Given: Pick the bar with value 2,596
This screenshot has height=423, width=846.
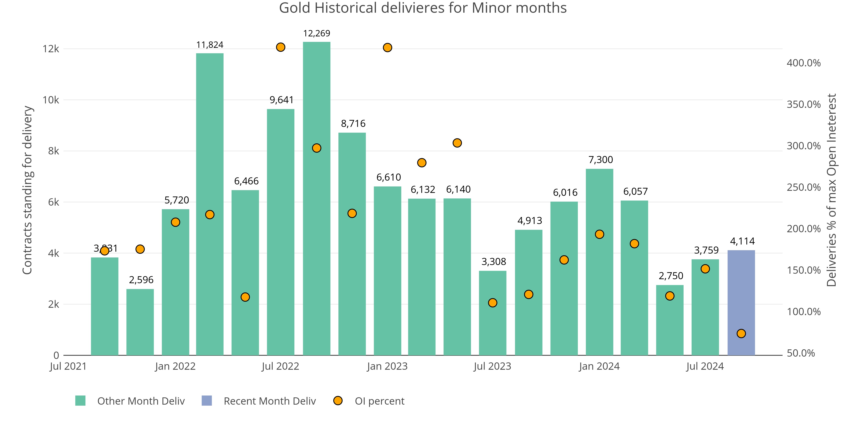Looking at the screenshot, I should pos(140,322).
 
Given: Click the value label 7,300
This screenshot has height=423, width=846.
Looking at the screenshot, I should pos(601,160).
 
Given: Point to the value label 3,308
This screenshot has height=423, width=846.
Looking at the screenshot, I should pos(494,262).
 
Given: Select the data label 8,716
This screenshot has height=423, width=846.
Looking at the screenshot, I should pos(353,124).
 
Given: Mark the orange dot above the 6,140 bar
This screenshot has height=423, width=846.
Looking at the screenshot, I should pos(457,143).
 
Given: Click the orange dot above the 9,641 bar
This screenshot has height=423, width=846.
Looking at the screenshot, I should pos(280,47).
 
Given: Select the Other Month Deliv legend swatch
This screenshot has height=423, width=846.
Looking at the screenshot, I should pos(80,401).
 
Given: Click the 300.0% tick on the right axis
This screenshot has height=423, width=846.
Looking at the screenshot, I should pos(803,146).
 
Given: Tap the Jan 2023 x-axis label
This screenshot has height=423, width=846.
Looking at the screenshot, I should pos(387,366).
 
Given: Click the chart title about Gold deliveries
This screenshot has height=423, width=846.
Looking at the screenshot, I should pos(423,8).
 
